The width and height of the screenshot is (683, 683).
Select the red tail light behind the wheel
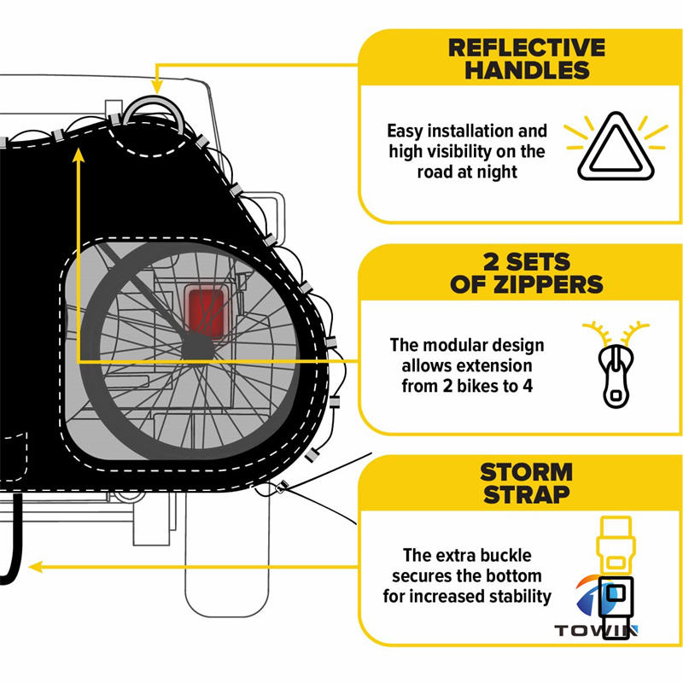coord(205,312)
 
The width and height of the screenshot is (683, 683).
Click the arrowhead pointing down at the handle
coord(156,86)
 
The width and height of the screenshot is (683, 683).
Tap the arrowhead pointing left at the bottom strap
coord(36,565)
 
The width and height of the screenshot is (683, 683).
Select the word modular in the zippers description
coord(471,346)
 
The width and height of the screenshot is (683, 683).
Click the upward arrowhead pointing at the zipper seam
coord(78,155)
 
